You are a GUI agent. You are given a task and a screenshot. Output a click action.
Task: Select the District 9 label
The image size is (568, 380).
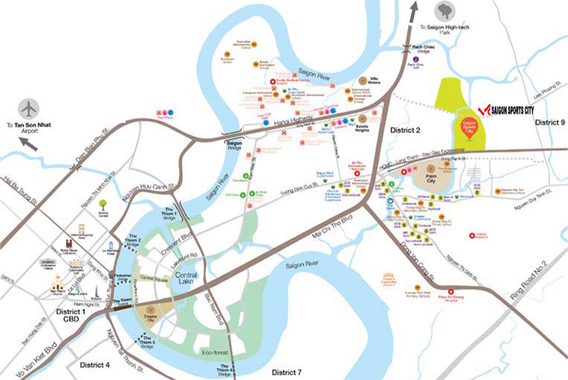550,123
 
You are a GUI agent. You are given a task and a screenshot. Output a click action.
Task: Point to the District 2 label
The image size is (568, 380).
405,130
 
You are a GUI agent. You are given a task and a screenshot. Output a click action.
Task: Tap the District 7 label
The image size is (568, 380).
287,373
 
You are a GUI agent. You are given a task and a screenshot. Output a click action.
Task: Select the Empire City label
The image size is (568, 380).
150,316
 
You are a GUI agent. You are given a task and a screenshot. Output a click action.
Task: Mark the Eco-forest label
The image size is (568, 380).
214,352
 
